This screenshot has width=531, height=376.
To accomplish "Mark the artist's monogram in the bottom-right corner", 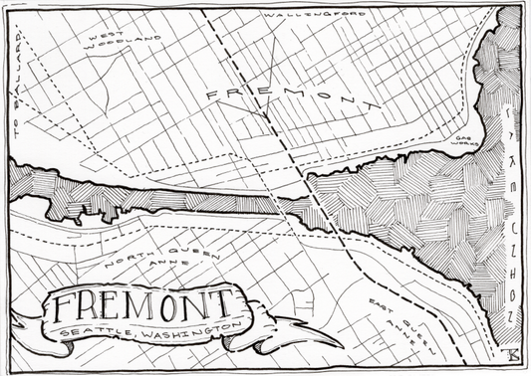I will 512,355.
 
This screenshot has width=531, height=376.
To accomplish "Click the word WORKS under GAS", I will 467,146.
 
